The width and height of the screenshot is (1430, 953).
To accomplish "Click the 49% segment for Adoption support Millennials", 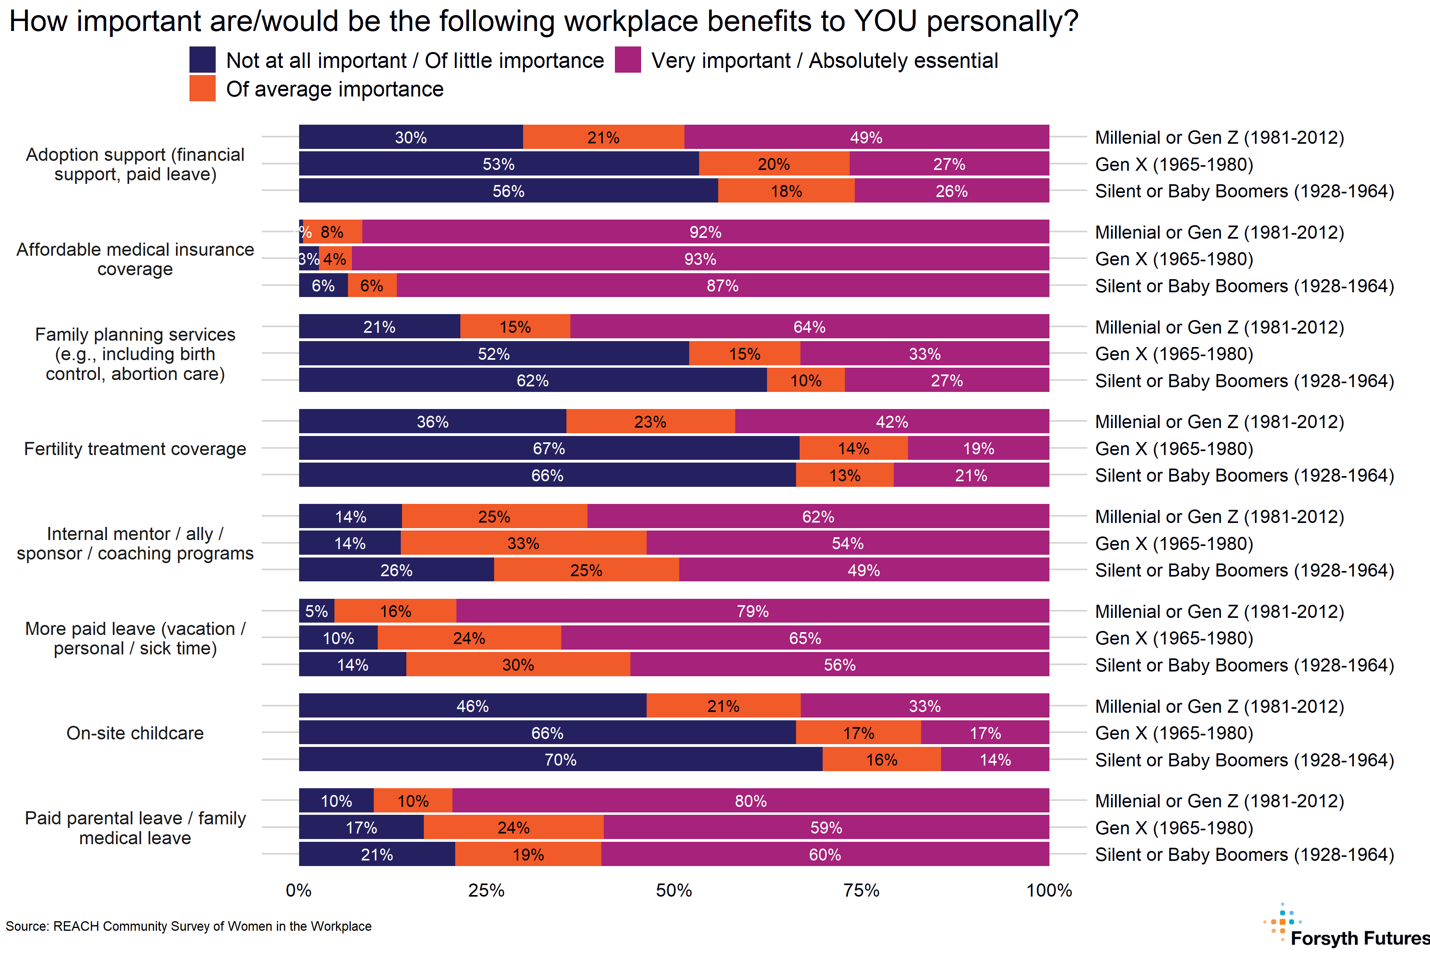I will pos(866,137).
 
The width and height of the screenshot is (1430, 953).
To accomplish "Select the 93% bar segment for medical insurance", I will pos(700,259).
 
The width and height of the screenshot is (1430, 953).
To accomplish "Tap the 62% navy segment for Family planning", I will pos(533,380).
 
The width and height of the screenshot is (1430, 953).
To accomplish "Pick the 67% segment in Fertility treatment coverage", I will pos(549,449).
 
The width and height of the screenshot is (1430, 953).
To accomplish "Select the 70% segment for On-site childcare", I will pos(560,760).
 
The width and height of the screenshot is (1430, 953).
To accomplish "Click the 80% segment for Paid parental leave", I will pos(750,801).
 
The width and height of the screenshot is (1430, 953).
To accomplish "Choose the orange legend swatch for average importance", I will pos(203,89).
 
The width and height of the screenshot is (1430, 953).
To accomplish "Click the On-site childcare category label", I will pos(135,733).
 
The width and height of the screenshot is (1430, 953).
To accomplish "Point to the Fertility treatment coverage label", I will pos(135,449).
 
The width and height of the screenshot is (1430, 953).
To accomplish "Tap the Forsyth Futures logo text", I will pos(1359,938).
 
